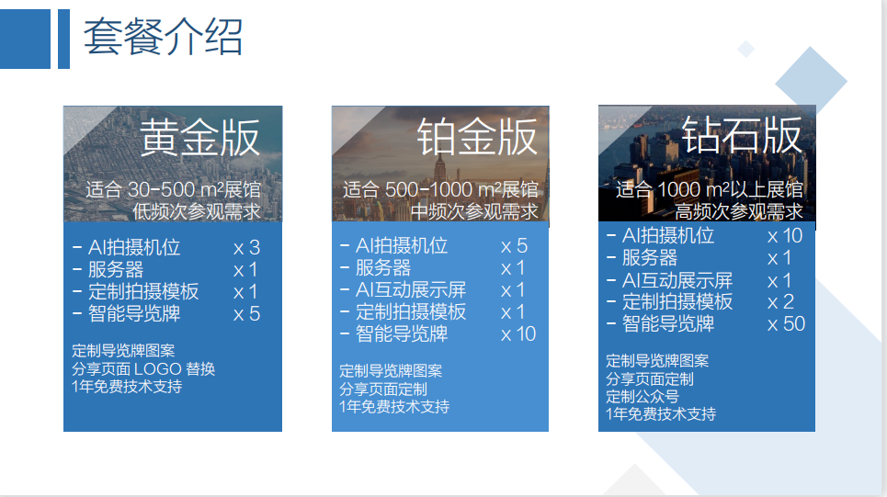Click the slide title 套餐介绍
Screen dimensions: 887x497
pyautogui.click(x=163, y=37)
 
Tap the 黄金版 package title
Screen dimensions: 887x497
pyautogui.click(x=199, y=138)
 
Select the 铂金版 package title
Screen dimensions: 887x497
pyautogui.click(x=477, y=137)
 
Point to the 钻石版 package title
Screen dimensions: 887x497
pyautogui.click(x=742, y=135)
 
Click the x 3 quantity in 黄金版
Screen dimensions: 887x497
pyautogui.click(x=246, y=248)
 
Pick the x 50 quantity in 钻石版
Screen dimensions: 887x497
pyautogui.click(x=786, y=324)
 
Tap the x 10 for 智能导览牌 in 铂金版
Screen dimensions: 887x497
pyautogui.click(x=518, y=334)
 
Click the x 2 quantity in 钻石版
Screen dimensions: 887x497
pyautogui.click(x=780, y=302)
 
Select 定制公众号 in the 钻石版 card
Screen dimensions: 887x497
pyautogui.click(x=643, y=396)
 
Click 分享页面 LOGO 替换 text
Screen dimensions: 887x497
pyautogui.click(x=143, y=369)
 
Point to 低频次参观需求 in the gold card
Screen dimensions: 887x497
pyautogui.click(x=197, y=211)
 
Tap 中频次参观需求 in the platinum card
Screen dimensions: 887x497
pyautogui.click(x=474, y=211)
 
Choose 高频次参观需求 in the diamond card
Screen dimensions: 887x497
pyautogui.click(x=739, y=211)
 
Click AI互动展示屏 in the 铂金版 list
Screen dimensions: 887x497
pyautogui.click(x=411, y=290)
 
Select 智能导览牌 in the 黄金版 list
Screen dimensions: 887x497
pyautogui.click(x=134, y=314)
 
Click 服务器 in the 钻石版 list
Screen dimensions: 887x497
pyautogui.click(x=650, y=258)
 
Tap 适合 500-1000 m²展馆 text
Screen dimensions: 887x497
pyautogui.click(x=440, y=189)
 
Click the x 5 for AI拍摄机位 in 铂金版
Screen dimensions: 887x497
pyautogui.click(x=514, y=246)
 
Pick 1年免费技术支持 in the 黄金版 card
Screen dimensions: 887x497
pyautogui.click(x=127, y=387)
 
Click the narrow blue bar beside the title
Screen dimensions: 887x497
pyautogui.click(x=64, y=39)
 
